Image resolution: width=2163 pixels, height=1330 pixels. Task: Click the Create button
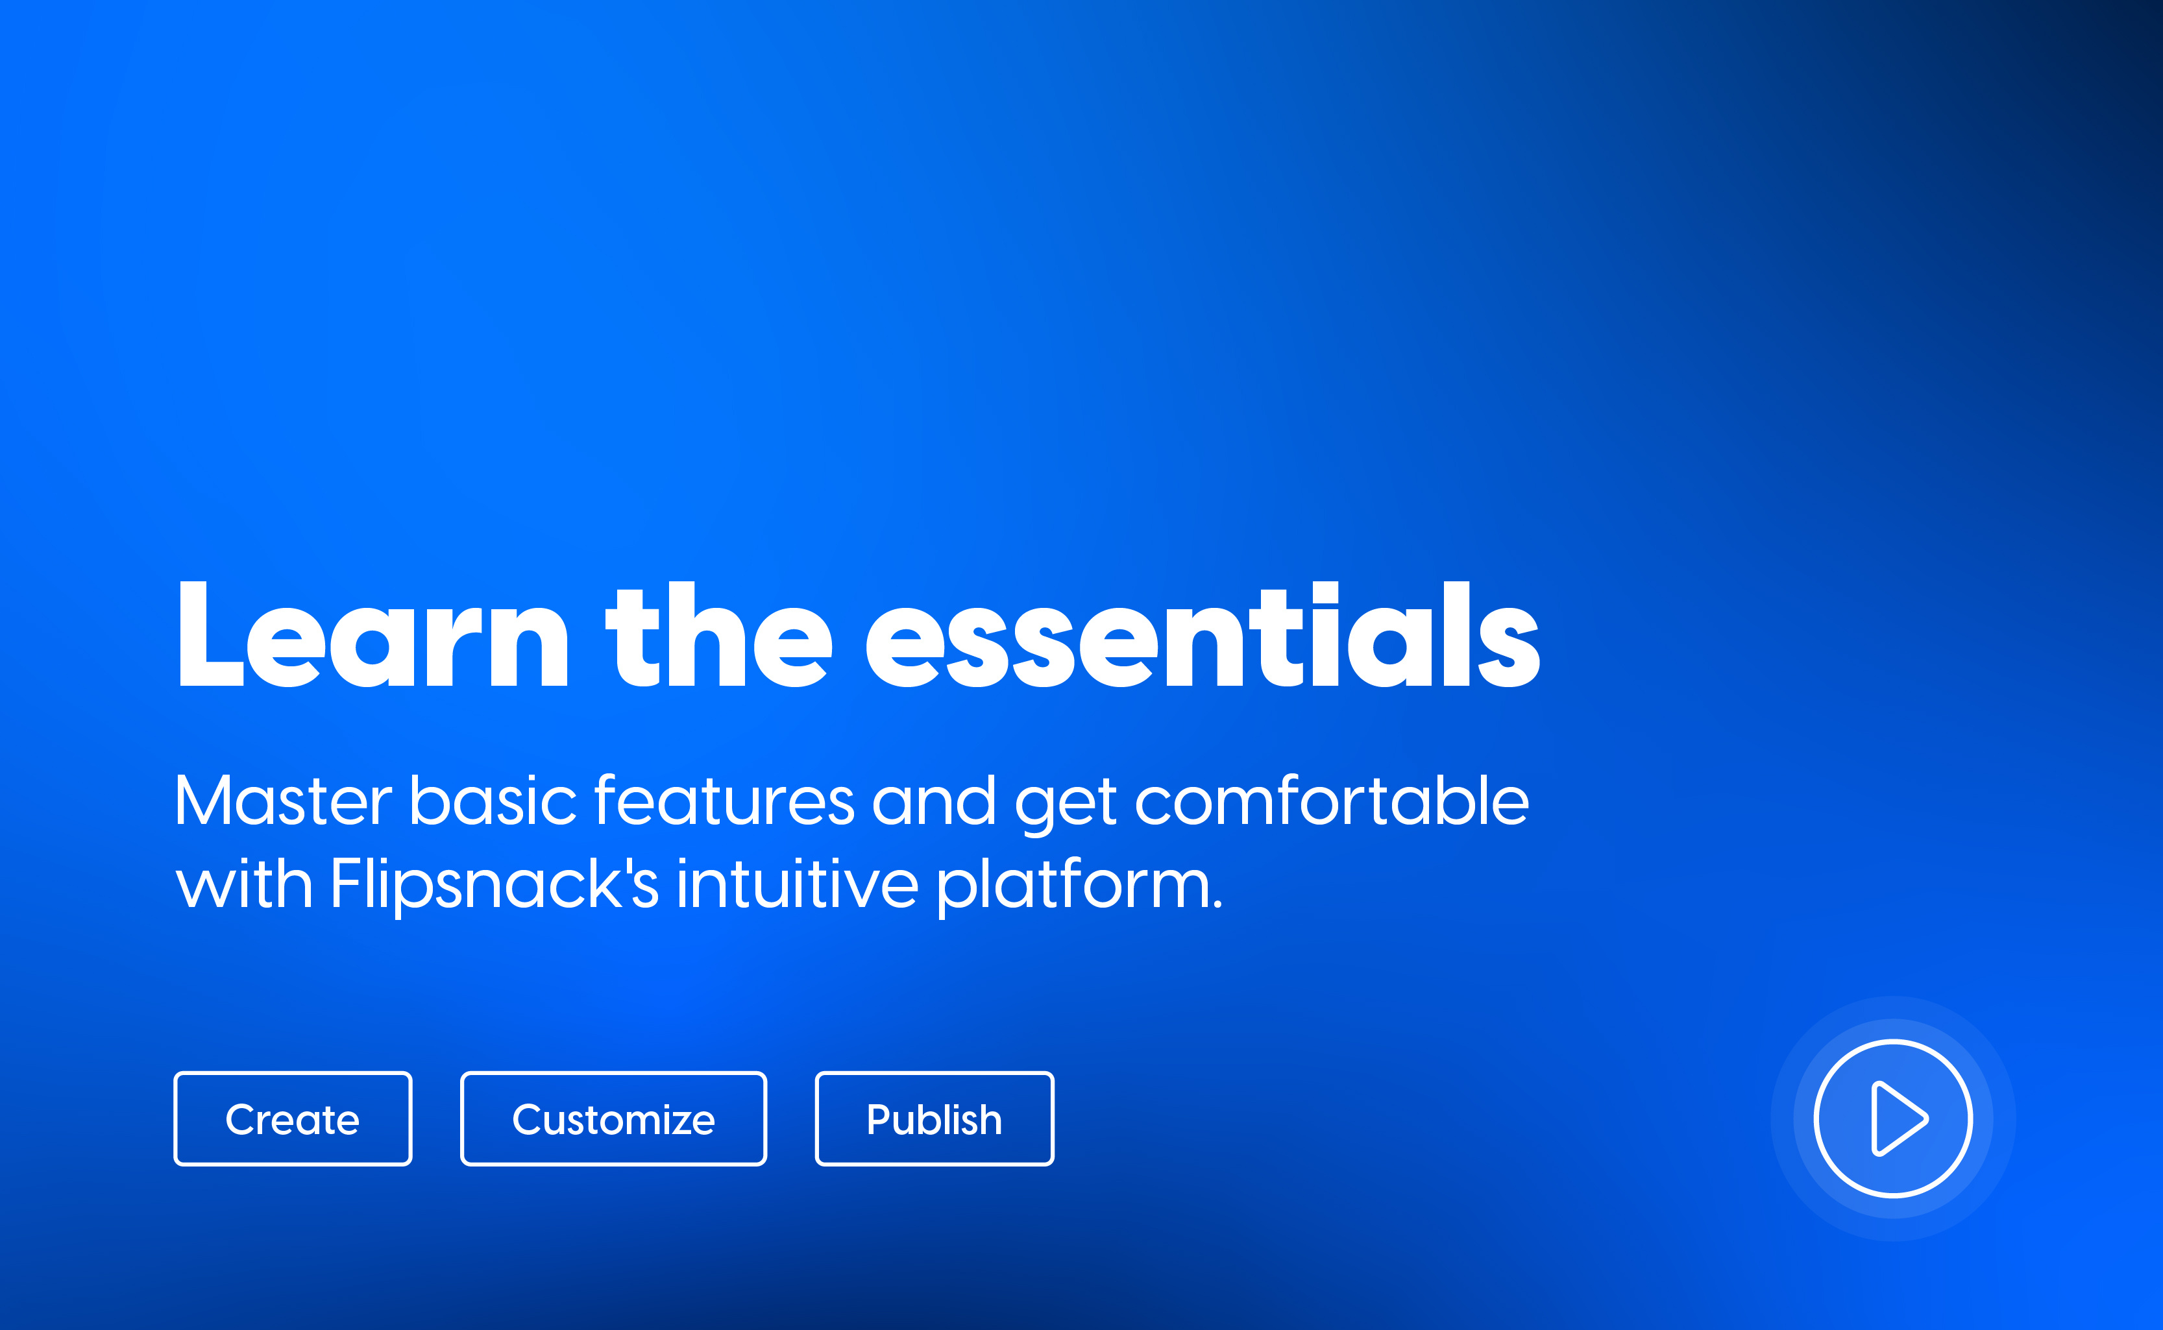point(292,1119)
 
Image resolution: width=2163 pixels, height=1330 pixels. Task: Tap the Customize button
point(613,1119)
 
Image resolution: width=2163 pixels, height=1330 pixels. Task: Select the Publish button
point(934,1119)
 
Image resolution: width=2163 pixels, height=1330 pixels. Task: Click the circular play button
point(1893,1119)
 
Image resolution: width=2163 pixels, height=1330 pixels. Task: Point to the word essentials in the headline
point(1203,635)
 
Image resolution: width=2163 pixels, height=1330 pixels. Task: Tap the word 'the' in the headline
point(718,635)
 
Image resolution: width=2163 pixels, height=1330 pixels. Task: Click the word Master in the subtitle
point(282,801)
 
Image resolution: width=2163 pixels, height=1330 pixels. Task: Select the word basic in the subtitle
point(493,801)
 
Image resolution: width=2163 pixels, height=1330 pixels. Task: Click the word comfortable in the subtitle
point(1332,801)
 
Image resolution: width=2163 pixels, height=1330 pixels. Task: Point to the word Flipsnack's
point(493,885)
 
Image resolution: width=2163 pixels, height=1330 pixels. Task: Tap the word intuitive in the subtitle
point(797,885)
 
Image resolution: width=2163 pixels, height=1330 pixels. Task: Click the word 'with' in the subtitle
point(243,885)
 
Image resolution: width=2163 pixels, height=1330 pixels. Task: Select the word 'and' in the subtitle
point(933,801)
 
